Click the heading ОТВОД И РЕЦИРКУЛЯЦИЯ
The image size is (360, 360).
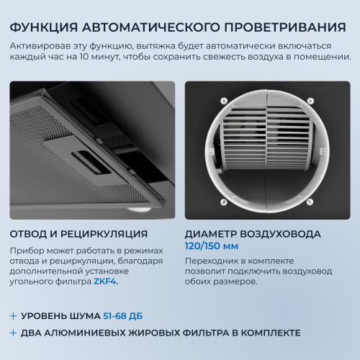(79, 234)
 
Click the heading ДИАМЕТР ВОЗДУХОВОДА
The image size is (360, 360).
(253, 234)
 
